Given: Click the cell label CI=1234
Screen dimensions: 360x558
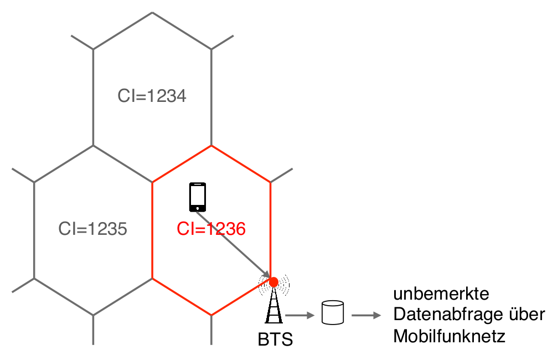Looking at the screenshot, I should pyautogui.click(x=152, y=96).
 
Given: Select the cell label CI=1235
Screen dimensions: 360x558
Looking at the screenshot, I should pyautogui.click(x=92, y=228).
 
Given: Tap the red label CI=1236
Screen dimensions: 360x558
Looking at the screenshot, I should pyautogui.click(x=211, y=228).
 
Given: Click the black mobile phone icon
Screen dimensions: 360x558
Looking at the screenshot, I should pyautogui.click(x=198, y=197).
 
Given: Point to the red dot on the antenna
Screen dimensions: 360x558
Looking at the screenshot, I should pyautogui.click(x=273, y=282).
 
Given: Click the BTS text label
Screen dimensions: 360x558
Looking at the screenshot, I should pyautogui.click(x=275, y=339).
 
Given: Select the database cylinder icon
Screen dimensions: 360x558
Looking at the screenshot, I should pyautogui.click(x=333, y=313).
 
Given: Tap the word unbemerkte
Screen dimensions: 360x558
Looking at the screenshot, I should pyautogui.click(x=433, y=294).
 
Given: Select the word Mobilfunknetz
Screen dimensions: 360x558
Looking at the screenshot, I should pyautogui.click(x=449, y=336).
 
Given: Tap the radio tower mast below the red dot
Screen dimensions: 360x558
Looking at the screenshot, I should pyautogui.click(x=273, y=307).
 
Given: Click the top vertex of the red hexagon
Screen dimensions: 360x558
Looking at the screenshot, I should pyautogui.click(x=211, y=146).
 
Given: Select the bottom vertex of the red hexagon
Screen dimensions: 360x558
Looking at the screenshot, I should pyautogui.click(x=211, y=315).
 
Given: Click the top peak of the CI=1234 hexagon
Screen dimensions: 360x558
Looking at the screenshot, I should pyautogui.click(x=152, y=13).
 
